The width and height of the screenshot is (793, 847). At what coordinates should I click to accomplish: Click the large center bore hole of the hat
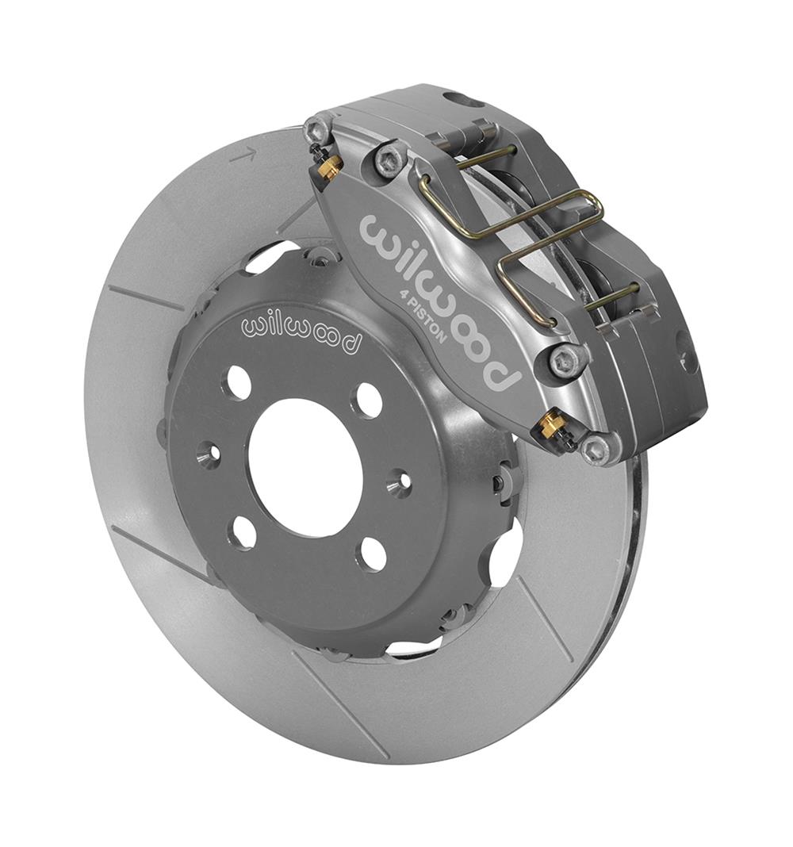pyautogui.click(x=305, y=467)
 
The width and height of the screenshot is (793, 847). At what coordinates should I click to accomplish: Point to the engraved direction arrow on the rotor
pyautogui.click(x=243, y=154)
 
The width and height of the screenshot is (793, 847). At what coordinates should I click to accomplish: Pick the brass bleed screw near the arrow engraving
pyautogui.click(x=329, y=166)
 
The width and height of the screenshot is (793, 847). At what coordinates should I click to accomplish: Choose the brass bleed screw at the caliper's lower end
pyautogui.click(x=549, y=427)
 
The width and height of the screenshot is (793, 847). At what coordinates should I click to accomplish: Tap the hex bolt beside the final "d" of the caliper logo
pyautogui.click(x=568, y=360)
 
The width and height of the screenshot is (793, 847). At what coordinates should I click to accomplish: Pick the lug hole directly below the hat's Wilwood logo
pyautogui.click(x=239, y=383)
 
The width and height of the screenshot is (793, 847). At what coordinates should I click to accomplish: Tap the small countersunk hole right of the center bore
pyautogui.click(x=400, y=481)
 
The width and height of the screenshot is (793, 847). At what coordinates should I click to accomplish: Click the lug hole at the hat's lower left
pyautogui.click(x=245, y=531)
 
